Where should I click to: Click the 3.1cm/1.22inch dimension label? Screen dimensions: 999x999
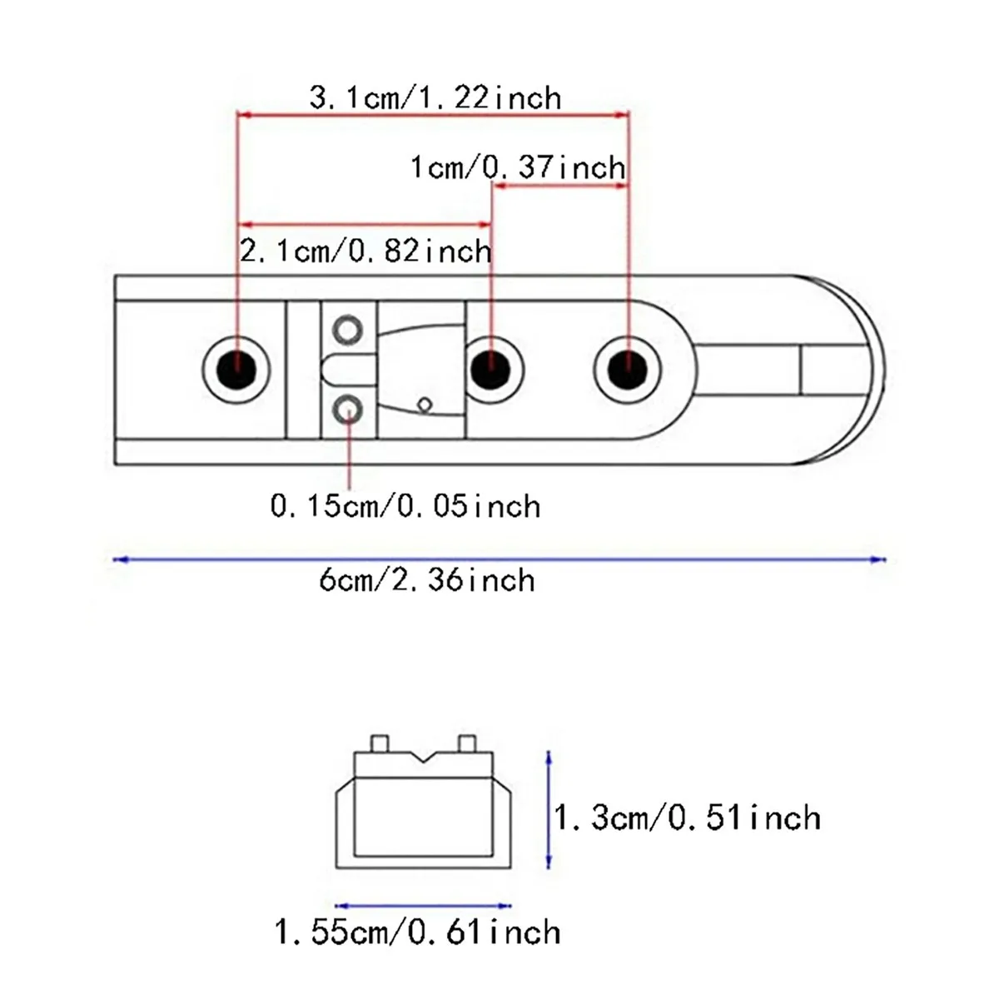[x=435, y=97]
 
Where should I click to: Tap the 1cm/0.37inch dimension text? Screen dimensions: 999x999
[x=517, y=167]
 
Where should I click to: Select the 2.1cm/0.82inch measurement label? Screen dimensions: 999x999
[x=365, y=251]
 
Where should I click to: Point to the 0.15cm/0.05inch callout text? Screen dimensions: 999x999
[x=405, y=505]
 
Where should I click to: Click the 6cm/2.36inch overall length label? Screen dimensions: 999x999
[x=427, y=579]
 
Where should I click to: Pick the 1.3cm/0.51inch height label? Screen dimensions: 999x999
[x=687, y=818]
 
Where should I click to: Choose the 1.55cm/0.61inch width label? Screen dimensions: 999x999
[x=417, y=932]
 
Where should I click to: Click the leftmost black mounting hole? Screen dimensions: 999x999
[x=236, y=370]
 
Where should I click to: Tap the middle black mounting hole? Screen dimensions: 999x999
[x=490, y=370]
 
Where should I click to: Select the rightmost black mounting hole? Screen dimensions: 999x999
[x=628, y=370]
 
